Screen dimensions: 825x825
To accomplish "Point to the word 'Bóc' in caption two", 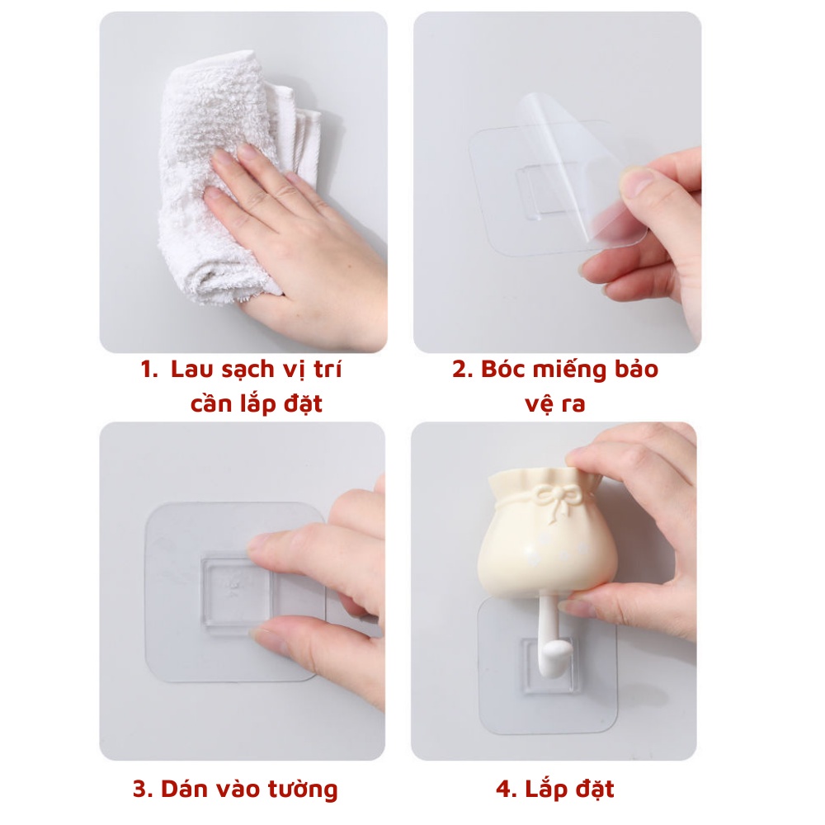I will pyautogui.click(x=503, y=370).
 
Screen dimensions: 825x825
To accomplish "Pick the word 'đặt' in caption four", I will pyautogui.click(x=594, y=789).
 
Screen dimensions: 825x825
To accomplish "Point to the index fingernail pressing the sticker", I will pyautogui.click(x=262, y=542).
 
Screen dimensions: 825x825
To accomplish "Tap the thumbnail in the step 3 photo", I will pyautogui.click(x=266, y=640).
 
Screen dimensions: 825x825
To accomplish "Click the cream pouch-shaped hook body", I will pyautogui.click(x=544, y=544).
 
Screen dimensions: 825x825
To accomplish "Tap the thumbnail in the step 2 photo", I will pyautogui.click(x=637, y=181).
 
